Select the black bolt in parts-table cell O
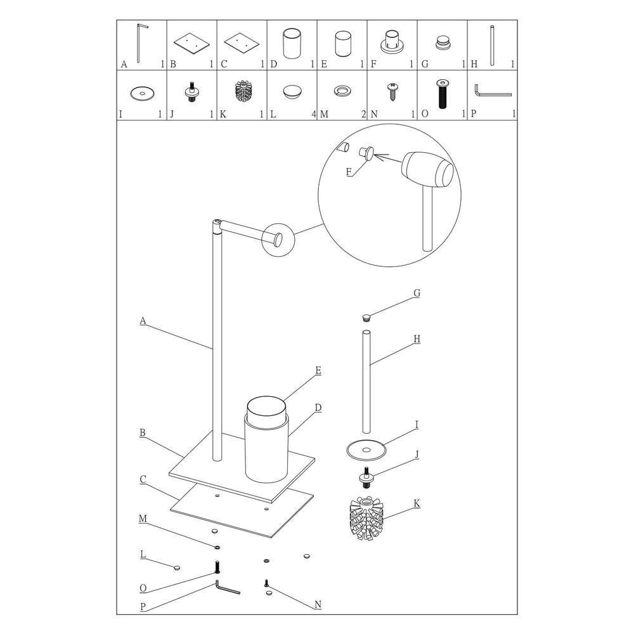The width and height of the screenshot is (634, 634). point(442,94)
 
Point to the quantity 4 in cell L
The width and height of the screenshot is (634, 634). point(314,114)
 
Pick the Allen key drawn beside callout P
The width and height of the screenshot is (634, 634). point(227,587)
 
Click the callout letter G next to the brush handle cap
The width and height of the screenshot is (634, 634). point(417,293)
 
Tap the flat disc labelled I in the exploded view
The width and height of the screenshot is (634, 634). point(366,450)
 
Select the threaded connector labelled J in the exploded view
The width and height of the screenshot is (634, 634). point(366,477)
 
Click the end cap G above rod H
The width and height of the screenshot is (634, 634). point(366,318)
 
